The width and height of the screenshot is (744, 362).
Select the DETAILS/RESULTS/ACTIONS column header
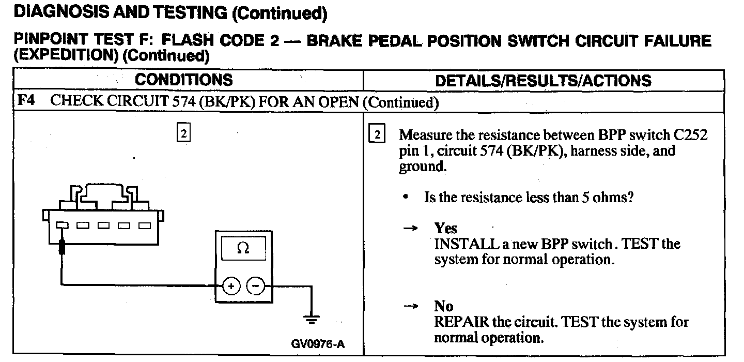[x=543, y=81]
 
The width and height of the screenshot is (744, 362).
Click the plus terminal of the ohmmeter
[x=231, y=285]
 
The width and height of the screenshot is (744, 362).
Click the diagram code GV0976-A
[x=318, y=344]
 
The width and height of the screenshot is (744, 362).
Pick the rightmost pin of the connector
[x=144, y=225]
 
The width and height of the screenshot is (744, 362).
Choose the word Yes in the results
[x=445, y=228]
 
